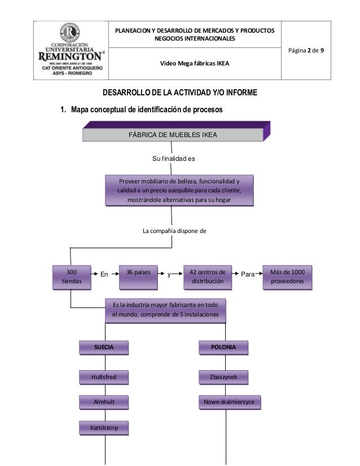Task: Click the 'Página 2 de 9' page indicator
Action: pyautogui.click(x=306, y=50)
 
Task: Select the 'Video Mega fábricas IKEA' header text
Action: pyautogui.click(x=195, y=63)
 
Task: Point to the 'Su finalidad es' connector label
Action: pyautogui.click(x=174, y=159)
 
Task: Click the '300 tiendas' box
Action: pyautogui.click(x=72, y=277)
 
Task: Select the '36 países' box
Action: pyautogui.click(x=138, y=277)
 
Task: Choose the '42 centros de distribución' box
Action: pyautogui.click(x=208, y=277)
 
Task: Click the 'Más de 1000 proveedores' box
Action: pyautogui.click(x=287, y=277)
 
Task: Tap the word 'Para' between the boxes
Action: pyautogui.click(x=248, y=274)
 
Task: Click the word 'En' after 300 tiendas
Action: pyautogui.click(x=104, y=274)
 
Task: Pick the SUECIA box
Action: pyautogui.click(x=104, y=348)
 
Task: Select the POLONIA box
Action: pyautogui.click(x=223, y=348)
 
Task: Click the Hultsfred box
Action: pyautogui.click(x=104, y=377)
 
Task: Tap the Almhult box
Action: pyautogui.click(x=104, y=402)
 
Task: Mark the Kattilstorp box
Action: pyautogui.click(x=104, y=428)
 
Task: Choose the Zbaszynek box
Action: pyautogui.click(x=223, y=377)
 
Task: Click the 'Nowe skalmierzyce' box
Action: pyautogui.click(x=230, y=402)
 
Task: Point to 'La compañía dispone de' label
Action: pyautogui.click(x=174, y=231)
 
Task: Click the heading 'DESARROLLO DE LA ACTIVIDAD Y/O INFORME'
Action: pyautogui.click(x=180, y=93)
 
